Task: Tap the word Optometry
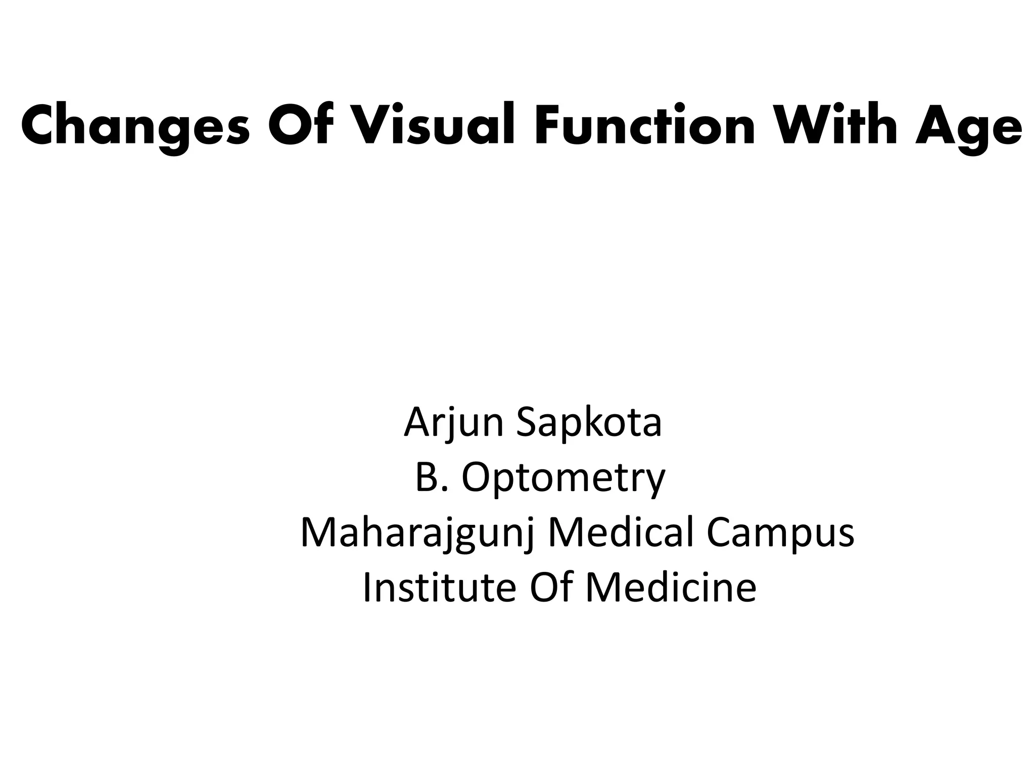[x=563, y=478]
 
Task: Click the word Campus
[x=780, y=533]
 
